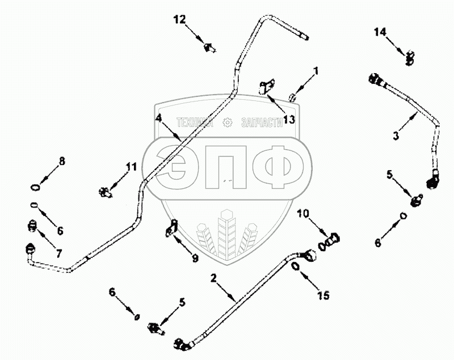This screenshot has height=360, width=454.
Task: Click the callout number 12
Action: [179, 20]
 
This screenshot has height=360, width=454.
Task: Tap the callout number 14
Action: [379, 32]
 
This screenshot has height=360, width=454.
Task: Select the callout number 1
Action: [317, 71]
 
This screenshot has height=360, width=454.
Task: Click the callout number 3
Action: [396, 136]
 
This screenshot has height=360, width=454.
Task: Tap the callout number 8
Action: [62, 161]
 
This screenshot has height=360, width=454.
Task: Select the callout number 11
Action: [131, 167]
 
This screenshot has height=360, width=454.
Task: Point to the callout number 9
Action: [195, 258]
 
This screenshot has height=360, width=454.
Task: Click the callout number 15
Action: [323, 295]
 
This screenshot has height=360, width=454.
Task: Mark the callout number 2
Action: [214, 278]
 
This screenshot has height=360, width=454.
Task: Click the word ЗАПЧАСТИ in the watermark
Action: [262, 122]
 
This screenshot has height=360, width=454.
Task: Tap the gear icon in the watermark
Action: [229, 122]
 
